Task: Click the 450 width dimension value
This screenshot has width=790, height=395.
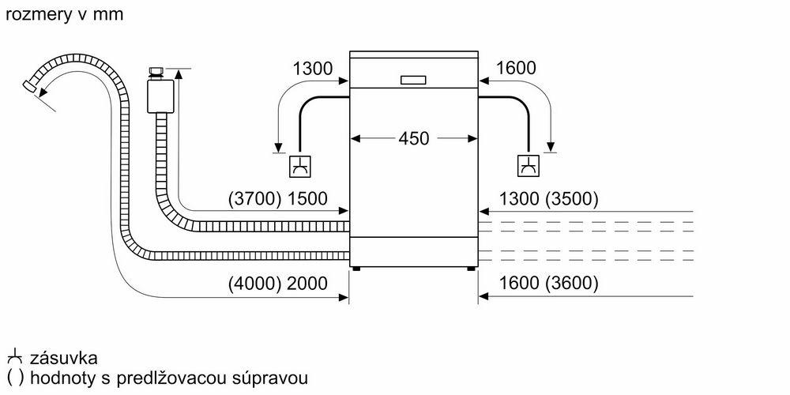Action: point(413,138)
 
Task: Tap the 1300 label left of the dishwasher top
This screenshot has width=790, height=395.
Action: point(312,69)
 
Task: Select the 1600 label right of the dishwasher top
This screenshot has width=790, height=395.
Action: point(517,69)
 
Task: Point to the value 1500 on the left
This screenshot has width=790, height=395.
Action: point(307,198)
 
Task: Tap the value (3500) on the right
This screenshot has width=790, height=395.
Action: point(570,198)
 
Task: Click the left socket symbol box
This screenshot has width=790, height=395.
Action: point(300,167)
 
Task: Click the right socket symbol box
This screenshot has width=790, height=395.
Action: point(527,167)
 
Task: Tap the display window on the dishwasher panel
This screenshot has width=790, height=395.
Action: point(413,80)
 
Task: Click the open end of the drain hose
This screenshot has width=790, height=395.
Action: point(32,85)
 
